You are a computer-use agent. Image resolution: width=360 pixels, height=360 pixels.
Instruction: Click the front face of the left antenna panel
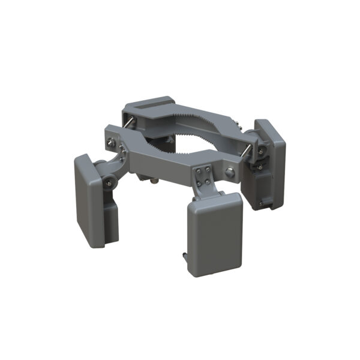pyautogui.click(x=89, y=201)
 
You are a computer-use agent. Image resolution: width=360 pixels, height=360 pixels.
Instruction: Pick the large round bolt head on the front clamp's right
pyautogui.click(x=230, y=173)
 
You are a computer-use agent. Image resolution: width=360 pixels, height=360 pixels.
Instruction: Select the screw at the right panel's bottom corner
pyautogui.click(x=260, y=205)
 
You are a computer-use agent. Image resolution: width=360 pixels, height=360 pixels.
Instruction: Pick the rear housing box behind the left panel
pyautogui.click(x=110, y=219)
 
